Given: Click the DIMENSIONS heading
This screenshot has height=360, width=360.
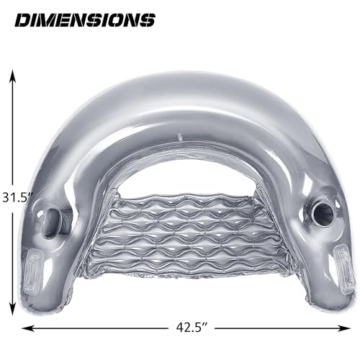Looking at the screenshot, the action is (x=85, y=20).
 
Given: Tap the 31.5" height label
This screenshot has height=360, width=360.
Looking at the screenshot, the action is (x=17, y=198).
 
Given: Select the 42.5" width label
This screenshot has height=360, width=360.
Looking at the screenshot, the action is (x=192, y=328).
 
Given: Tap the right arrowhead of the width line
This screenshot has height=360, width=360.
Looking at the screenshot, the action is (x=344, y=328).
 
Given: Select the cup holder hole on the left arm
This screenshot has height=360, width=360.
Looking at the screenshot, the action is (x=53, y=221).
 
